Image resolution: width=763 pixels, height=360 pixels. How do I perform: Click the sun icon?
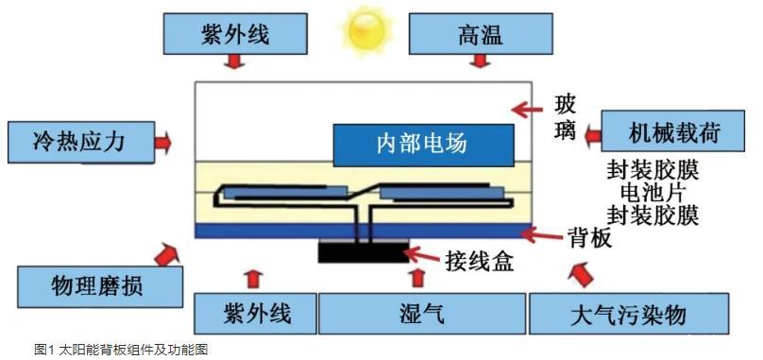point(365,28)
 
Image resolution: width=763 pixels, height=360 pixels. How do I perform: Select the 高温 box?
point(481,33)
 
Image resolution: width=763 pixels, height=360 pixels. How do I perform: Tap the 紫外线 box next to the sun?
point(235,33)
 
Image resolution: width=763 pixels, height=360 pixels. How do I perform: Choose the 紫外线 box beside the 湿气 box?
point(256,314)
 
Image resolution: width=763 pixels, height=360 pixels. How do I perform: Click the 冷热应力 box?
point(81,142)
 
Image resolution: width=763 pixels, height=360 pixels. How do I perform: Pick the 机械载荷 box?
point(673,130)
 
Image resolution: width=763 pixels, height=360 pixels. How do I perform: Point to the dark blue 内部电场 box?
point(423,145)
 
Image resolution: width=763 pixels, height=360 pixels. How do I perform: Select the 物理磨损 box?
point(100,286)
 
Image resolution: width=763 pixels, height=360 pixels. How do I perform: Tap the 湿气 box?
point(422,314)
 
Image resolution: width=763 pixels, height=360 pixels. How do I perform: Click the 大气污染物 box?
point(629,314)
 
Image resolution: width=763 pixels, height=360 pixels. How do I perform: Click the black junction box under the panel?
point(364,251)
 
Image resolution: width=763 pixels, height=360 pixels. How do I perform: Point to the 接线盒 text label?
point(479,262)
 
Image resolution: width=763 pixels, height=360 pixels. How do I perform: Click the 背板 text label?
point(589,238)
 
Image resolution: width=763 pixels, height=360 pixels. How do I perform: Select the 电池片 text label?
point(653,193)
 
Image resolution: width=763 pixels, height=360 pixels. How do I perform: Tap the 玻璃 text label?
point(565,118)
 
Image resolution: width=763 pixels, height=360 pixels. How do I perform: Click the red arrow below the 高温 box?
point(481,60)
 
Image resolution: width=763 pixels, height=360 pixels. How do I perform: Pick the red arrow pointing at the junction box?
point(423,253)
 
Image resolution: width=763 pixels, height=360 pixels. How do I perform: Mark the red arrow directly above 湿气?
point(417,278)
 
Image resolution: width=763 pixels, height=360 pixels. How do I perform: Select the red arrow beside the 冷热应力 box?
point(163,143)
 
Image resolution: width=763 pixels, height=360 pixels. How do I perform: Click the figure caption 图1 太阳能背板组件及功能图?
point(121,350)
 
